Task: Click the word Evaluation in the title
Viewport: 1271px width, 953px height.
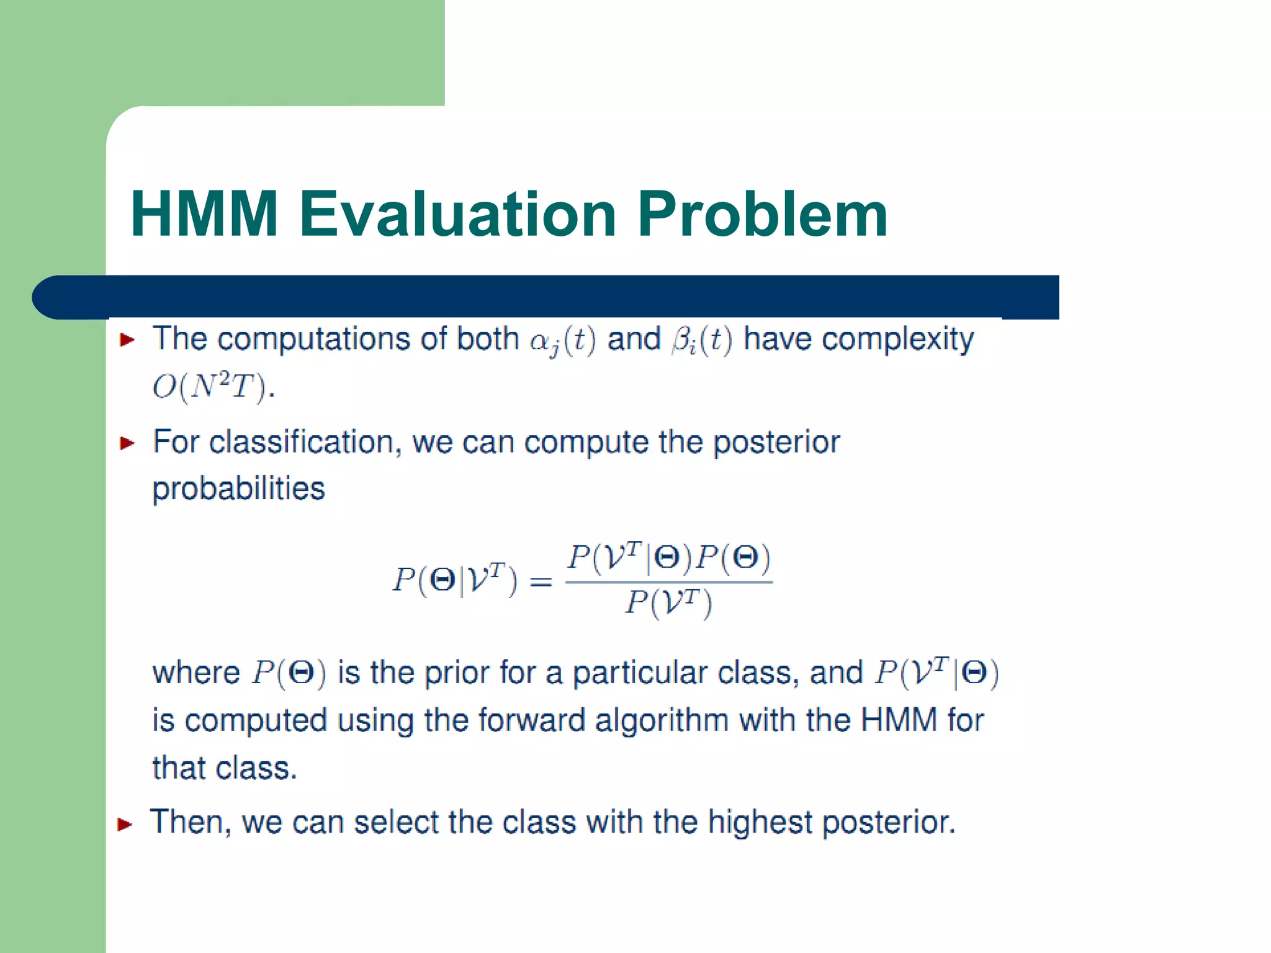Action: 458,214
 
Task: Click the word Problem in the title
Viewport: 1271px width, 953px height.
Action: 762,214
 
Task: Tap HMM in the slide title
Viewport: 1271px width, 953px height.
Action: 204,214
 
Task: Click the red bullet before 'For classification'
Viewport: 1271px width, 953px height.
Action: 127,443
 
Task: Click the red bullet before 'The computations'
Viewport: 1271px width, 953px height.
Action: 127,339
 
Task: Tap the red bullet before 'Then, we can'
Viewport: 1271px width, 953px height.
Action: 125,825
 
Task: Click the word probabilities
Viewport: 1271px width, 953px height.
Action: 238,489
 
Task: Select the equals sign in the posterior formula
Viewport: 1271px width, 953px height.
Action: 541,582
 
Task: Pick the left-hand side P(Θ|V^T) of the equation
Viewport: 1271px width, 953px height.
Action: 454,579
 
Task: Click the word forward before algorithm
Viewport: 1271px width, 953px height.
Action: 531,721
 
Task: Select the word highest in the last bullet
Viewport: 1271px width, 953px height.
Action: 760,823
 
